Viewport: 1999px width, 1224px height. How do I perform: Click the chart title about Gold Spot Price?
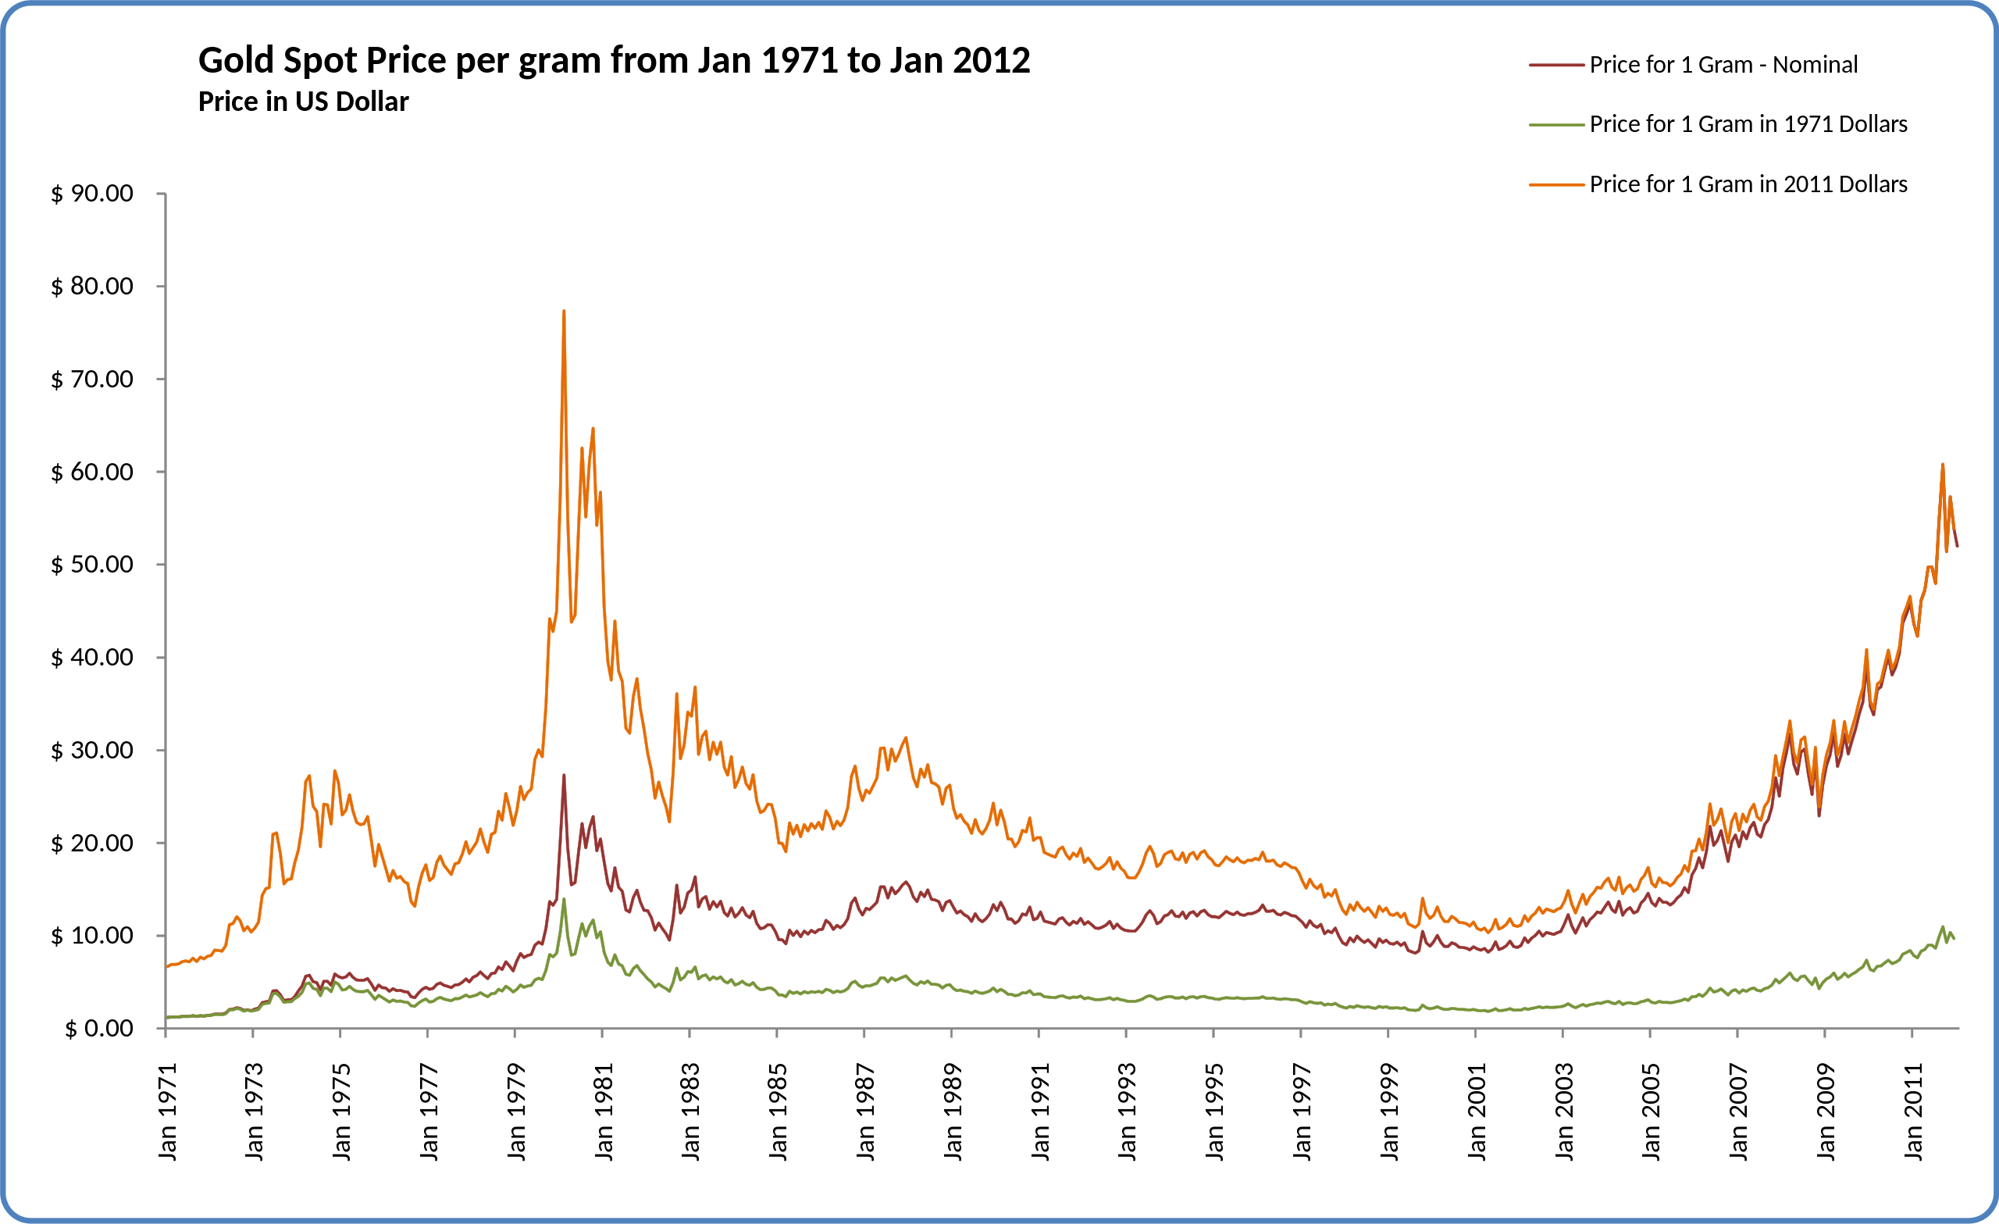click(x=614, y=61)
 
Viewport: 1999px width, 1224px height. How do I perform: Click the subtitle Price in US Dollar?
click(x=304, y=102)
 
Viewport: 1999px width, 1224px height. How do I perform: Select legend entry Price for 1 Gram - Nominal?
click(x=1723, y=65)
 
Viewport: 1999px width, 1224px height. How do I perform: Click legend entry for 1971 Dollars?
click(x=1748, y=124)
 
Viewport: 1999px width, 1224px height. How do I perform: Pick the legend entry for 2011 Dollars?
click(x=1748, y=184)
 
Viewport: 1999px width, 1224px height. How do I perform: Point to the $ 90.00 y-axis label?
click(x=92, y=193)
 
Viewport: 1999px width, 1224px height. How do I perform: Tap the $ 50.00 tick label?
click(x=92, y=564)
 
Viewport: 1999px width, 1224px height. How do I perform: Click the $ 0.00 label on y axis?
click(x=99, y=1029)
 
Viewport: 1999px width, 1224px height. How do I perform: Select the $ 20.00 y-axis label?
click(x=92, y=843)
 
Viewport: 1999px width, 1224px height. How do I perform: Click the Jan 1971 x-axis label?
click(x=167, y=1112)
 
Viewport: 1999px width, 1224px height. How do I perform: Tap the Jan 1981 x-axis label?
click(x=604, y=1112)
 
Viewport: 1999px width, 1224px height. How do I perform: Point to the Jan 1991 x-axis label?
click(x=1040, y=1112)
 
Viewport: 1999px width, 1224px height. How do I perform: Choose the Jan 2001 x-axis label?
click(x=1477, y=1112)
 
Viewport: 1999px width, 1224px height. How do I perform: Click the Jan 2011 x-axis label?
click(x=1913, y=1112)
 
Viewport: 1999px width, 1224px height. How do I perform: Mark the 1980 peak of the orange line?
click(x=564, y=312)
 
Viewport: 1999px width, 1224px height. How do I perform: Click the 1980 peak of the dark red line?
click(x=564, y=776)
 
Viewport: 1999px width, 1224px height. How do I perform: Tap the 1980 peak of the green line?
click(x=564, y=899)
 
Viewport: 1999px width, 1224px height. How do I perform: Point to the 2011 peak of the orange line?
click(x=1942, y=465)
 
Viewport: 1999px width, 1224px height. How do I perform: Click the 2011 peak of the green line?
click(x=1942, y=927)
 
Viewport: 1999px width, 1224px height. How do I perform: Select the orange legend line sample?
click(x=1556, y=185)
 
